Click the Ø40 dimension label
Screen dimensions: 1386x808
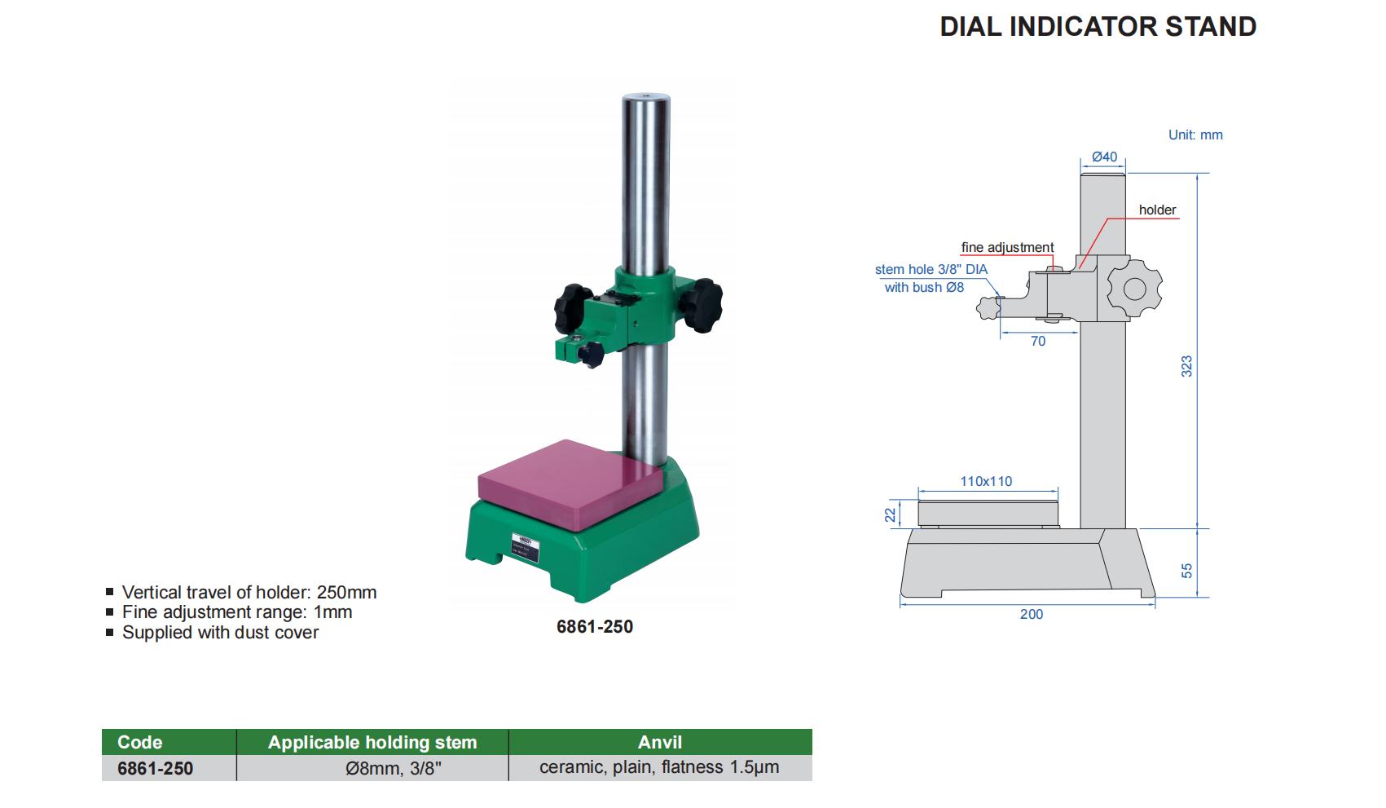pos(1104,157)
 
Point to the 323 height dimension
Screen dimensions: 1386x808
pos(1186,367)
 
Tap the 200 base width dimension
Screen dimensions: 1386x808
pos(1032,614)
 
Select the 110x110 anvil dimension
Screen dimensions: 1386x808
pos(986,481)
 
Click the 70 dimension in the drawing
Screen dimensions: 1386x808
pos(1038,341)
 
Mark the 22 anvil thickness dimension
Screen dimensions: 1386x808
pos(891,514)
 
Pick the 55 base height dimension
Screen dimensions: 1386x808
pos(1186,570)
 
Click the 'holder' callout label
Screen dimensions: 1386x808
pos(1157,210)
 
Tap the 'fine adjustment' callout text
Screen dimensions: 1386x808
pos(1007,247)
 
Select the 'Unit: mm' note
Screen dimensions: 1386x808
pos(1195,135)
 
